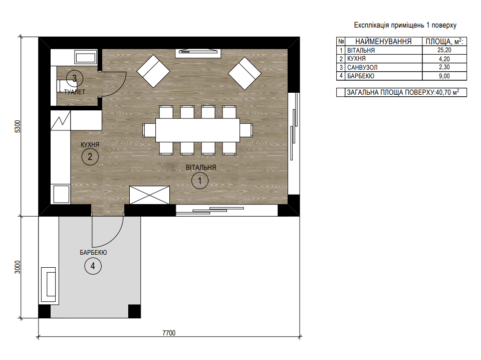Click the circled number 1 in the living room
(x=200, y=181)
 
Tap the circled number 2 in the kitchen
(x=90, y=157)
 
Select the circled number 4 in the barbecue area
(x=93, y=266)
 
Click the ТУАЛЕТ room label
(x=75, y=92)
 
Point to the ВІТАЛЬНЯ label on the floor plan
(x=201, y=167)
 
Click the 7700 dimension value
(x=169, y=333)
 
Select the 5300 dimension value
(x=18, y=126)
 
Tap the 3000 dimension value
(x=18, y=267)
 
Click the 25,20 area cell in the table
(x=444, y=50)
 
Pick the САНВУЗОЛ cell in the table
(x=362, y=67)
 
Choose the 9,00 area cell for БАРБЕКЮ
(x=444, y=76)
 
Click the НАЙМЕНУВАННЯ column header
(x=383, y=42)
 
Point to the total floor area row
(x=401, y=92)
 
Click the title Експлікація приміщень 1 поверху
(x=405, y=25)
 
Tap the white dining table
(x=197, y=130)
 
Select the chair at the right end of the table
(x=247, y=130)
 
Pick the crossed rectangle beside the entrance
(x=149, y=195)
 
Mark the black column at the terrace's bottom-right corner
(x=134, y=311)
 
